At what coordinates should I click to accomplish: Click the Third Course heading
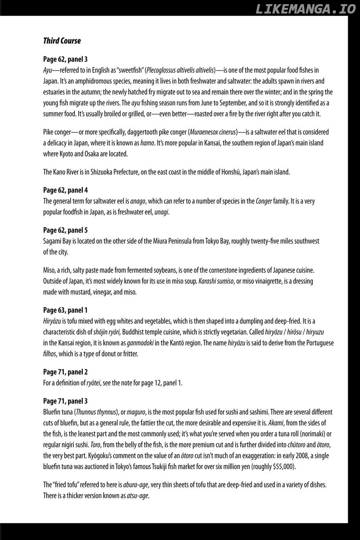62,41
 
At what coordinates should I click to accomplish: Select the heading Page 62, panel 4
65,190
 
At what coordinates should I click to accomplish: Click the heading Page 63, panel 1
65,310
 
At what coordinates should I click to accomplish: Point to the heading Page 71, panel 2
65,372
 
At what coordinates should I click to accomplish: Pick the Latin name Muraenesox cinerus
213,132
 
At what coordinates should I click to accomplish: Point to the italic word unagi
162,212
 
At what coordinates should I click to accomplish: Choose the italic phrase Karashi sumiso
216,281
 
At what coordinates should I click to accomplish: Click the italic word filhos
50,354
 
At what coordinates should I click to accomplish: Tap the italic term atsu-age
137,495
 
